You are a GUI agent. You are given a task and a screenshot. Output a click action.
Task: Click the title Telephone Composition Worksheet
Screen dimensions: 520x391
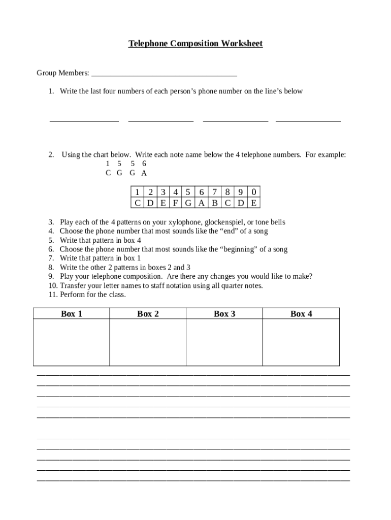tap(195, 44)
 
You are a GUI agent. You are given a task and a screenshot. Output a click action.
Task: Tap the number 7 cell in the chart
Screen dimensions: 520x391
tap(215, 192)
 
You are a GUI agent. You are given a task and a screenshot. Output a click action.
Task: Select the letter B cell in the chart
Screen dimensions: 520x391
tap(215, 203)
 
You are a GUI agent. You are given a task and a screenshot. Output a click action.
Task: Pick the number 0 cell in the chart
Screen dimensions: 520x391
tap(254, 192)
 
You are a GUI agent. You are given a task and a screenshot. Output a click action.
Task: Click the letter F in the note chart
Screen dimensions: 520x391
tap(175, 203)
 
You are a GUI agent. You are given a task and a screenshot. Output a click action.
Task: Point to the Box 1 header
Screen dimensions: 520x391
tap(72, 314)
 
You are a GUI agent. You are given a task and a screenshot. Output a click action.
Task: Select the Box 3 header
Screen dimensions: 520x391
tap(224, 314)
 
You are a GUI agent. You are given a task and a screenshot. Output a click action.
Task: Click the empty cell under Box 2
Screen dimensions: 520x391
tap(148, 342)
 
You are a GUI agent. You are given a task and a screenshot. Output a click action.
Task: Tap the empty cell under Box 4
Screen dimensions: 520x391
tap(301, 342)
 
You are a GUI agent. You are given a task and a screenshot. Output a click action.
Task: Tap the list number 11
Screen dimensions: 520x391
tap(52, 295)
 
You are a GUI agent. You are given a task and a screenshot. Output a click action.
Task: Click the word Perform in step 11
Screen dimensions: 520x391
tap(72, 295)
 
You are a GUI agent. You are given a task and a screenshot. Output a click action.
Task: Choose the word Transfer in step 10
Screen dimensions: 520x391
tap(74, 285)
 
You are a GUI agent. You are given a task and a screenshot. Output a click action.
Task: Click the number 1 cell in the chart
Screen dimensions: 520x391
tap(137, 192)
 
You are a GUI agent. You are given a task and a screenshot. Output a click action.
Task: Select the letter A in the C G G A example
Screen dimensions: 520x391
tap(144, 173)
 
